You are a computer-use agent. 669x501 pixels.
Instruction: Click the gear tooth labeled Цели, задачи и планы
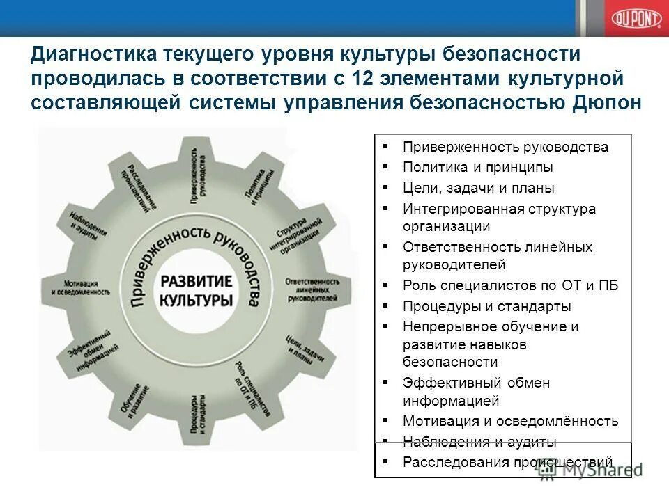point(299,349)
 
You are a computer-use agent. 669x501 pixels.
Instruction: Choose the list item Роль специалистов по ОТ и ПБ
point(510,285)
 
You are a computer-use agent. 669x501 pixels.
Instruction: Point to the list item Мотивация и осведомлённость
point(510,421)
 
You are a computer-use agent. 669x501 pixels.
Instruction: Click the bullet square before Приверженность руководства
point(385,147)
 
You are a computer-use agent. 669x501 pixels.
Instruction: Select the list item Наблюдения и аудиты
point(479,442)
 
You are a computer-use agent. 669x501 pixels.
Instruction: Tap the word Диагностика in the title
point(93,54)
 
